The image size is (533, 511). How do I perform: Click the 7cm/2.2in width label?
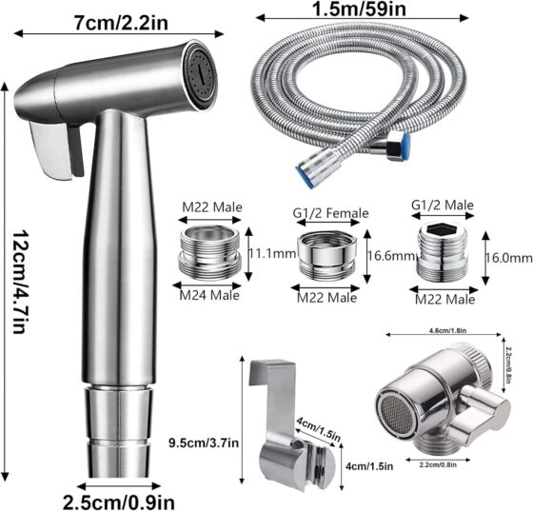[121, 23]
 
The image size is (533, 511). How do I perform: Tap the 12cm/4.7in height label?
[19, 282]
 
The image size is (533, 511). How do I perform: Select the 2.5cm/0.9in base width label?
[119, 501]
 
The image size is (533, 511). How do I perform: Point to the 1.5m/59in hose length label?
[359, 9]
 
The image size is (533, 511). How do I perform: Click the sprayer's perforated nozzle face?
[202, 75]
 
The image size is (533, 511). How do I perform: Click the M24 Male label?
[209, 295]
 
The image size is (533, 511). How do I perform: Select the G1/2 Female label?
[331, 213]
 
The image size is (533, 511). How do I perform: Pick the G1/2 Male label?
[443, 205]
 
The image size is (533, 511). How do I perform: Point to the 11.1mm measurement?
[272, 253]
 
